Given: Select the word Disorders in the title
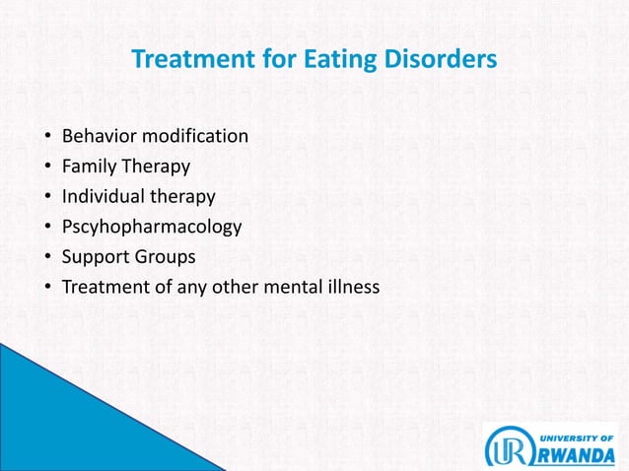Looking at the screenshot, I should pos(436,61).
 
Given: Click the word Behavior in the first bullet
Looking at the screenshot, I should pos(97,135).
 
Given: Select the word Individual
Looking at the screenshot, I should pos(104,196).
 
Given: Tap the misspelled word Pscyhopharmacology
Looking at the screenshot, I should pos(151,227).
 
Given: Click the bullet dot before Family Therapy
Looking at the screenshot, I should pos(48,167).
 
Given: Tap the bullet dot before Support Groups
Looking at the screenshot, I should pos(48,258).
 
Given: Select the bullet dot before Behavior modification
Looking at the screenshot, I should pos(48,136).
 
